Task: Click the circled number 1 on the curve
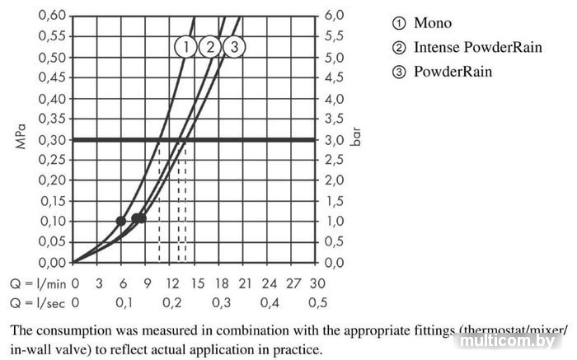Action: (x=188, y=47)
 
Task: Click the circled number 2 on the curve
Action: (x=211, y=47)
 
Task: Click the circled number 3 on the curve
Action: (x=234, y=47)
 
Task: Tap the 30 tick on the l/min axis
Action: (x=317, y=283)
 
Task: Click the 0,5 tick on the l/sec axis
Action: (x=317, y=302)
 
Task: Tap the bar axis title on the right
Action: (x=357, y=137)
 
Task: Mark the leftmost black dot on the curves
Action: (x=121, y=221)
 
